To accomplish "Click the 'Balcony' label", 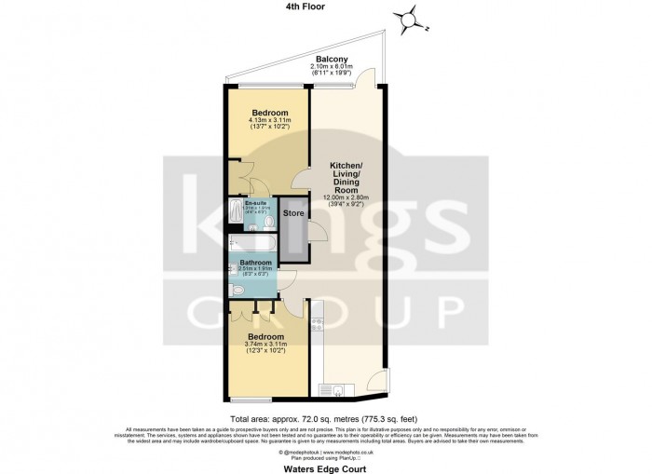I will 332,58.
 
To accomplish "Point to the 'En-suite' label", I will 255,203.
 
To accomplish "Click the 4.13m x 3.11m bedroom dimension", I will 270,120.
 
